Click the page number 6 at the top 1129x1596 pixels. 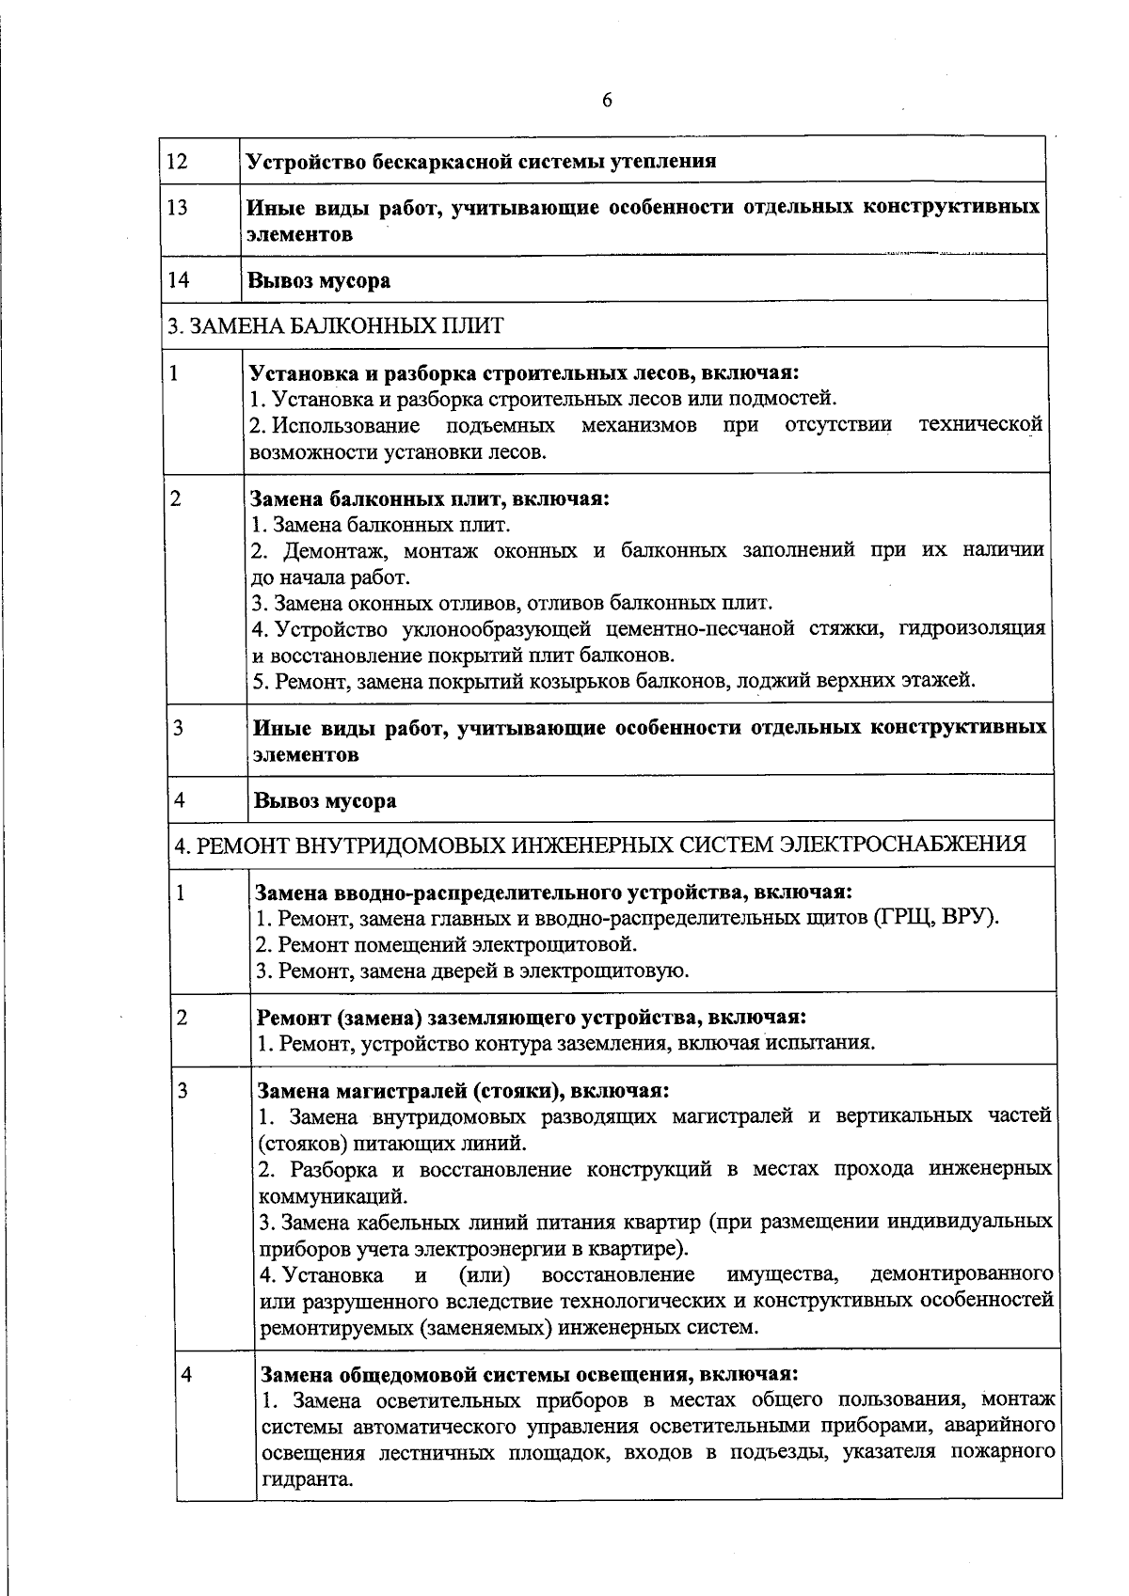coord(607,101)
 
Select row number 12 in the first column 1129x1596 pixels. coord(177,161)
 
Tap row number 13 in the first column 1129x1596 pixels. coord(177,208)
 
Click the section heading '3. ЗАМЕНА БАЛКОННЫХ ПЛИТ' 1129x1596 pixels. coord(336,326)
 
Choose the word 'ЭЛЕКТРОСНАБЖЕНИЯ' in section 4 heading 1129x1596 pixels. coord(903,845)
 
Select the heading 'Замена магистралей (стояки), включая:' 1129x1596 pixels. coord(463,1091)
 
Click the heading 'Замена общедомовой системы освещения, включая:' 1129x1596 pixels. coord(528,1373)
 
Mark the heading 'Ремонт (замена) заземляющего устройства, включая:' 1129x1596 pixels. coord(531,1018)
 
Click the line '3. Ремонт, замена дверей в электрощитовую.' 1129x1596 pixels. coord(472,971)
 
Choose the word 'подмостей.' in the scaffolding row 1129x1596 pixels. coord(788,399)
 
